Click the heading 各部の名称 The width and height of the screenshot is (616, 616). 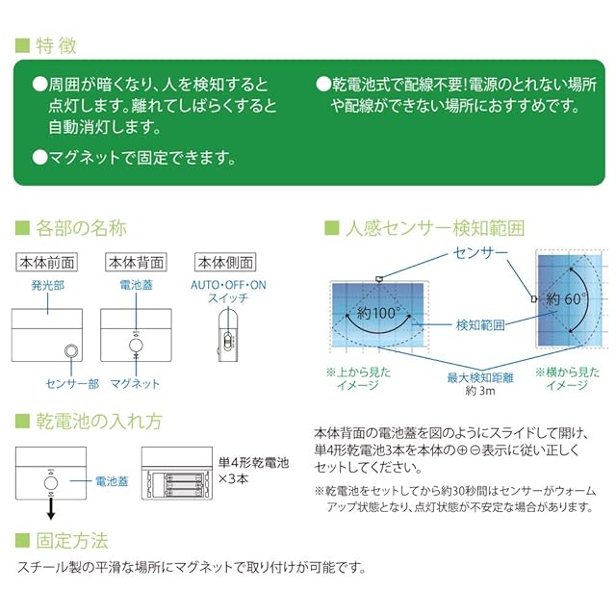click(81, 228)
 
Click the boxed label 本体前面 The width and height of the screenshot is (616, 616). click(46, 262)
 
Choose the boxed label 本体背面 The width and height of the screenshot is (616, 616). click(136, 262)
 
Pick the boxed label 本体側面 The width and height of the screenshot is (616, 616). click(223, 262)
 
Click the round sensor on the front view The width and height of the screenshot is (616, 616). click(70, 351)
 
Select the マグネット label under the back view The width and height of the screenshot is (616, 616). click(137, 383)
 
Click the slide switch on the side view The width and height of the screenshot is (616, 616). click(228, 341)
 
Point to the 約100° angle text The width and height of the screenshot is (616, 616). click(377, 314)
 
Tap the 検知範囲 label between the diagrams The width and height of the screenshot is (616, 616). click(480, 325)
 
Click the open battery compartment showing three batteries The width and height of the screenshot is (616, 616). click(177, 476)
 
